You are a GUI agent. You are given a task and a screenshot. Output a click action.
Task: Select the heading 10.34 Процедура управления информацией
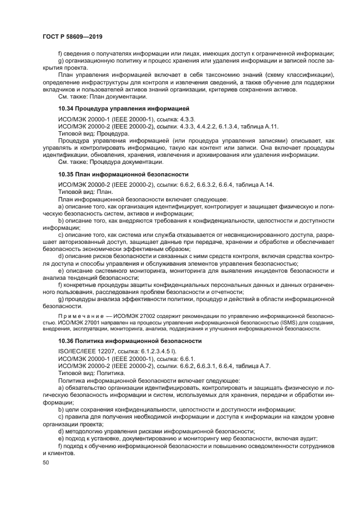(x=123, y=109)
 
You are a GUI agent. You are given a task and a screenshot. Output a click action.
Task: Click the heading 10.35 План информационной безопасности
(x=123, y=174)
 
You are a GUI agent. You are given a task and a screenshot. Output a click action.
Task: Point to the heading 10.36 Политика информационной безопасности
(x=130, y=341)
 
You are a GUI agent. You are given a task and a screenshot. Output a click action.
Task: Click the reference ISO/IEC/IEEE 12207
(x=90, y=352)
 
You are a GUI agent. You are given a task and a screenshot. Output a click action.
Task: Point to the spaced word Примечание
(x=80, y=316)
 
